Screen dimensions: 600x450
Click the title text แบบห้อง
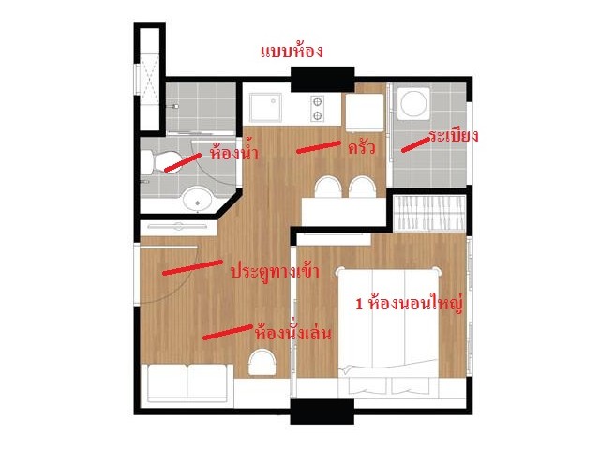[x=292, y=52]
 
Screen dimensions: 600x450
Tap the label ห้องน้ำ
[x=233, y=152]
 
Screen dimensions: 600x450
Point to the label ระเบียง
[x=453, y=135]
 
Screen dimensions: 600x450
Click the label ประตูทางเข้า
[x=275, y=271]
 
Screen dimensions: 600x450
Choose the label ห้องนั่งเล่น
[x=293, y=333]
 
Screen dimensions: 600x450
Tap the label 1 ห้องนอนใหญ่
[x=410, y=304]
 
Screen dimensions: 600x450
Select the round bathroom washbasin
[x=198, y=199]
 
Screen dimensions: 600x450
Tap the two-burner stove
[x=317, y=109]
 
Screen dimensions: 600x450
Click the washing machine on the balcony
[x=413, y=103]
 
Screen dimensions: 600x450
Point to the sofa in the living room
[x=187, y=383]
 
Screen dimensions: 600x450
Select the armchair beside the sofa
[x=262, y=363]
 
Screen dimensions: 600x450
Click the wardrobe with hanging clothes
[x=429, y=213]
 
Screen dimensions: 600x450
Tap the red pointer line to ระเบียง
[x=415, y=145]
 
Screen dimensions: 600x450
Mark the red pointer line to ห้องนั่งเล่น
[x=228, y=332]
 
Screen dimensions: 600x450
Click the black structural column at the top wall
[x=322, y=79]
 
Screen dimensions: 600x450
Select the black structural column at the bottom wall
[x=322, y=412]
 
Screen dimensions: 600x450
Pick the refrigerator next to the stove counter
[x=365, y=112]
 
